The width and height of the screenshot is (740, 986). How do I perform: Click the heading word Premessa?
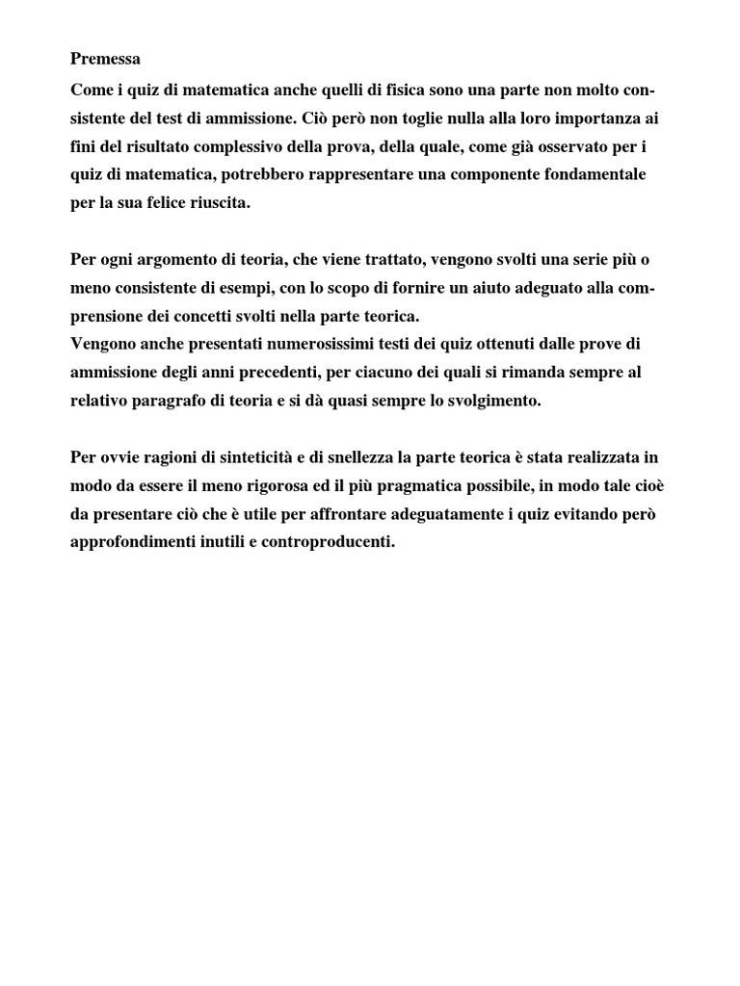click(x=105, y=59)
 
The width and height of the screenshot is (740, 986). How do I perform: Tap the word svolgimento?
click(x=493, y=401)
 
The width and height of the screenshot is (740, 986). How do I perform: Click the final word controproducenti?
click(x=320, y=542)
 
